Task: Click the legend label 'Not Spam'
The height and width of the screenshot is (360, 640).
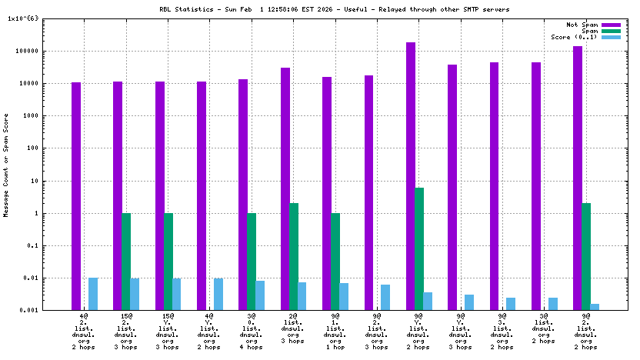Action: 582,25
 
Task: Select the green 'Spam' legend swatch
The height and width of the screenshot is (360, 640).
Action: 611,31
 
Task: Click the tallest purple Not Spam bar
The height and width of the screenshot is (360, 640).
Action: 411,176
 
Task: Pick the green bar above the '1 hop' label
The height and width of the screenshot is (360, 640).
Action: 335,262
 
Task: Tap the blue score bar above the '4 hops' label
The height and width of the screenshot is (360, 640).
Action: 260,295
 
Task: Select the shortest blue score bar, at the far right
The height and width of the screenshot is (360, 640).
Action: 595,307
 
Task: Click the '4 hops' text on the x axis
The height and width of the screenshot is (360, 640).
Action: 252,347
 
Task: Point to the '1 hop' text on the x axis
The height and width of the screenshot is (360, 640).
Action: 335,347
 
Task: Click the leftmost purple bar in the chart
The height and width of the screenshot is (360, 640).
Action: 76,196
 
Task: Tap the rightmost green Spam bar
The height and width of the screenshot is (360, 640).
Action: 586,256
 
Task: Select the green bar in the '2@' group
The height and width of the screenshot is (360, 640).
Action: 294,256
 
